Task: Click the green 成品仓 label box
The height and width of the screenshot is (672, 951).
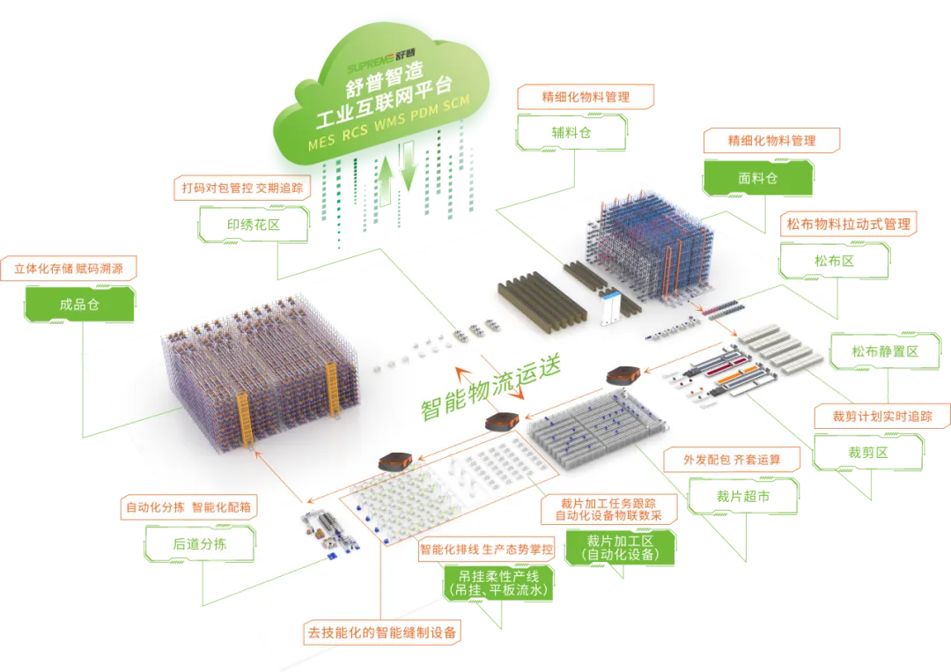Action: (x=79, y=305)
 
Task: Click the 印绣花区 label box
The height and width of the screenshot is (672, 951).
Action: (x=254, y=224)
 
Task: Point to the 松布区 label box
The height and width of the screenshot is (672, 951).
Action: (x=834, y=261)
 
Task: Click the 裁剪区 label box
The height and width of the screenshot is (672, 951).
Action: (x=867, y=453)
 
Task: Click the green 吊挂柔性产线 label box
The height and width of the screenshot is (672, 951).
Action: (x=498, y=583)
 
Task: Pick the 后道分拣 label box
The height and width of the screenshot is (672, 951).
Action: (x=199, y=543)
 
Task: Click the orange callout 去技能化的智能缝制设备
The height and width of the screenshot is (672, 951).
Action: (x=383, y=632)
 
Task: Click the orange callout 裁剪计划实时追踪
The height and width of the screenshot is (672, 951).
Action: (x=881, y=416)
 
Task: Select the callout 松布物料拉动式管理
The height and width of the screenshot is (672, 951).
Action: (x=848, y=224)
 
